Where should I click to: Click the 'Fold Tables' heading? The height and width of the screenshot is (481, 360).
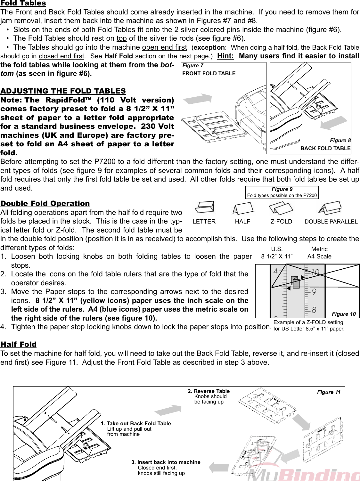tap(23, 3)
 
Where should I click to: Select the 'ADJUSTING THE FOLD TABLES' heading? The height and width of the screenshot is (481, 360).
tap(63, 91)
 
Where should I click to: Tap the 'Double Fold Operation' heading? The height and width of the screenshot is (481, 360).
tap(45, 204)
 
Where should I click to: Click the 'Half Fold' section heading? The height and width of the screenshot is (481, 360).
tap(19, 345)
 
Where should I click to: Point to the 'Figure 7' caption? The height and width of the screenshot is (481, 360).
tap(192, 66)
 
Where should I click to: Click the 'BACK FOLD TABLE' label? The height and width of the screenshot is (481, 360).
tap(325, 148)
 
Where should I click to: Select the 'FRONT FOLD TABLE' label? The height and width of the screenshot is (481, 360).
tap(209, 73)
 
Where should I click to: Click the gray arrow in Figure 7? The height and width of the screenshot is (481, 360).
tap(200, 98)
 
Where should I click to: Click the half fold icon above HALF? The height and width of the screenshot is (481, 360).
tap(242, 208)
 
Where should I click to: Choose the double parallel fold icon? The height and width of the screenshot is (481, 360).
tap(331, 208)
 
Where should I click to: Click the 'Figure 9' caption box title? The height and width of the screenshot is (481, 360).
tap(282, 189)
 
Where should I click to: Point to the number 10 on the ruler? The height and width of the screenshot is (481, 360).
tap(315, 273)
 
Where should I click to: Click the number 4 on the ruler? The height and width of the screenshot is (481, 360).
tap(275, 271)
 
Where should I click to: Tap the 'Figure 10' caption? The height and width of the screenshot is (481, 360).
tap(344, 314)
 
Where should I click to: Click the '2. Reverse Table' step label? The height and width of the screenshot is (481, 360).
tap(209, 391)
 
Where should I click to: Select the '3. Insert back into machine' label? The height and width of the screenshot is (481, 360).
tap(166, 462)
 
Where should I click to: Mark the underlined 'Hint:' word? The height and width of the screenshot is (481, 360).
tap(225, 56)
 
